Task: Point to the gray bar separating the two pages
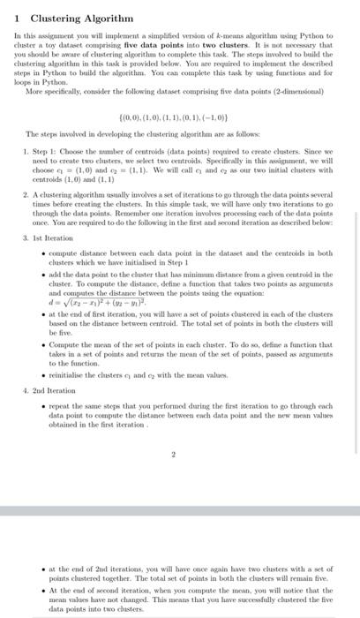click(180, 512)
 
